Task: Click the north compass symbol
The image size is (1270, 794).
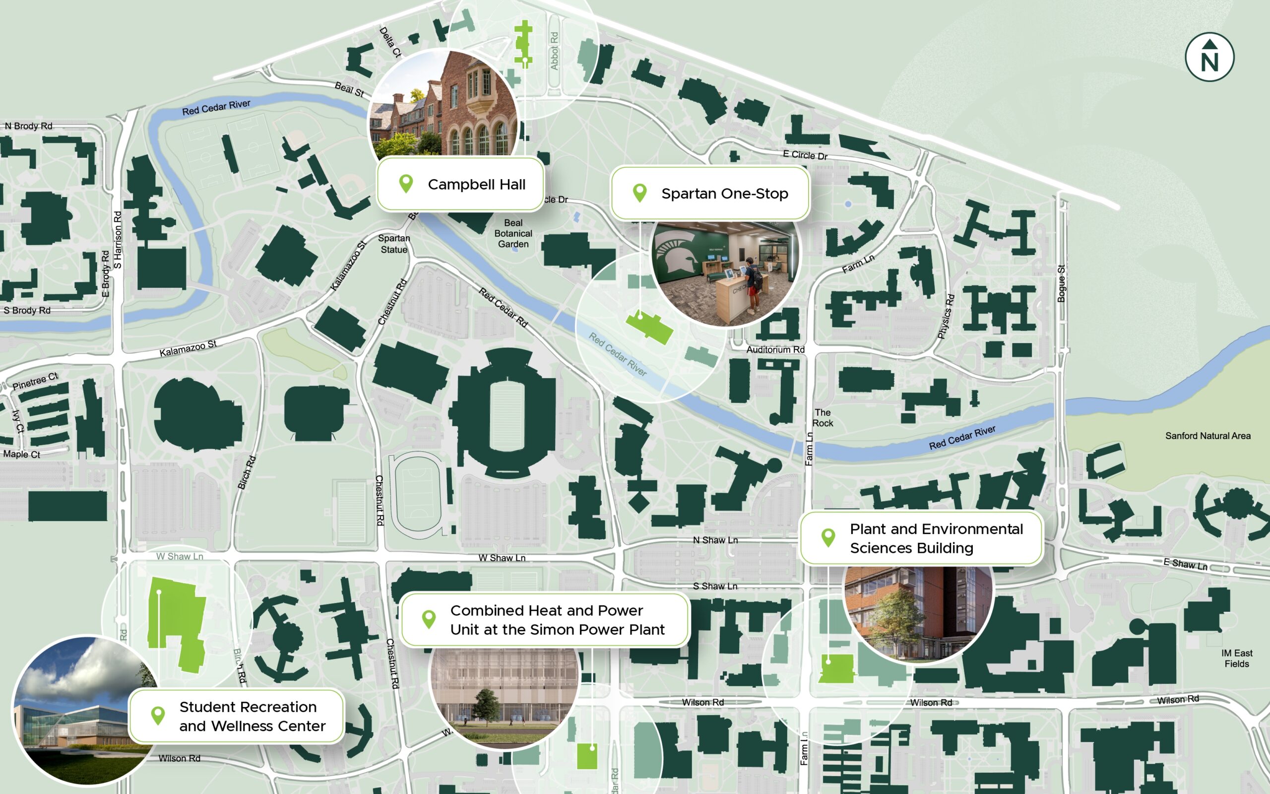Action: (1209, 57)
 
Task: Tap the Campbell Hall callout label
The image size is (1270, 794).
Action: (460, 184)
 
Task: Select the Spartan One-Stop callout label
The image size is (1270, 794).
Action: (710, 193)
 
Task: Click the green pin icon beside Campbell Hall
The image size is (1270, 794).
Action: (406, 184)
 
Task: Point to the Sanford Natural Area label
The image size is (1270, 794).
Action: (1207, 436)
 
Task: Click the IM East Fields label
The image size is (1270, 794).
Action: (1236, 658)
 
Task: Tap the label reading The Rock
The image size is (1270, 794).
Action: (823, 417)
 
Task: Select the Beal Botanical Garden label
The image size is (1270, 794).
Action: (513, 233)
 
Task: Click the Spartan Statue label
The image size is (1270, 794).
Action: (393, 244)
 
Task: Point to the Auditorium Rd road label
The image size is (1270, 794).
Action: (775, 350)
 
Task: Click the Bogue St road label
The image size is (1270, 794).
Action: (1061, 283)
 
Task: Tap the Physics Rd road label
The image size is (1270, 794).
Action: (946, 316)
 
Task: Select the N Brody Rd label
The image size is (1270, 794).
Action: (28, 126)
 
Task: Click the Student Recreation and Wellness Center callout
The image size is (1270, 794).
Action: (237, 716)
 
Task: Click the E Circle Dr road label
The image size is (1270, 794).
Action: (805, 155)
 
